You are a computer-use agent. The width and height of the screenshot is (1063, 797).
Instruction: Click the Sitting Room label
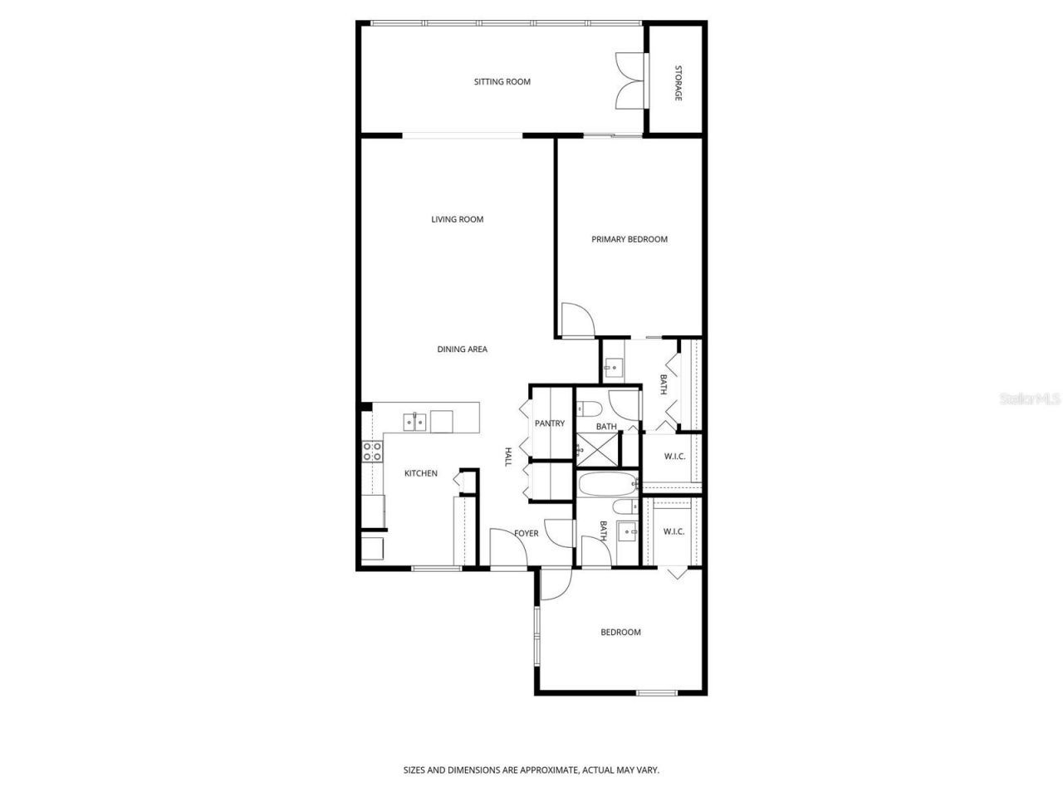(502, 81)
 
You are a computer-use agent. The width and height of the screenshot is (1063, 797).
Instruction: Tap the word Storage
(678, 83)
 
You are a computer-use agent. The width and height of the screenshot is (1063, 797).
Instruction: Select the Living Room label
(457, 219)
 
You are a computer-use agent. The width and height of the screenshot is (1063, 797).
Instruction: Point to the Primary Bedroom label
(629, 239)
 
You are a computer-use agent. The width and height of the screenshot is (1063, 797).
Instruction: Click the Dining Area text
(462, 350)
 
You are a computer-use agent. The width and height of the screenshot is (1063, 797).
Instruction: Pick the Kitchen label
(420, 473)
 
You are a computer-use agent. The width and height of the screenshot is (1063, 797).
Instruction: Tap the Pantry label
(549, 423)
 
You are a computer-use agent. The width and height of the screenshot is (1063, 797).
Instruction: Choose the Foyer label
(526, 533)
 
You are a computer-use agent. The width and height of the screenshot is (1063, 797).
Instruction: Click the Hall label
(508, 457)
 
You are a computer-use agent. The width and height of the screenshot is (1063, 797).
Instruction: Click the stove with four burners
(373, 452)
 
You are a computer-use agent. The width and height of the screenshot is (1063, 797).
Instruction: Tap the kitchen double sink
(414, 422)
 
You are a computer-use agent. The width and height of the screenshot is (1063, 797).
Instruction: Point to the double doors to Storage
(629, 81)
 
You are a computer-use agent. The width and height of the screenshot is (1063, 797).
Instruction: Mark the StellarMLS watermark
(1030, 398)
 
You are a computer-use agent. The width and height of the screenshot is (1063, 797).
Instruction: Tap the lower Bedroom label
(620, 633)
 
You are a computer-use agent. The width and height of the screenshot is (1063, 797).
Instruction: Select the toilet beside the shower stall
(590, 409)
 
